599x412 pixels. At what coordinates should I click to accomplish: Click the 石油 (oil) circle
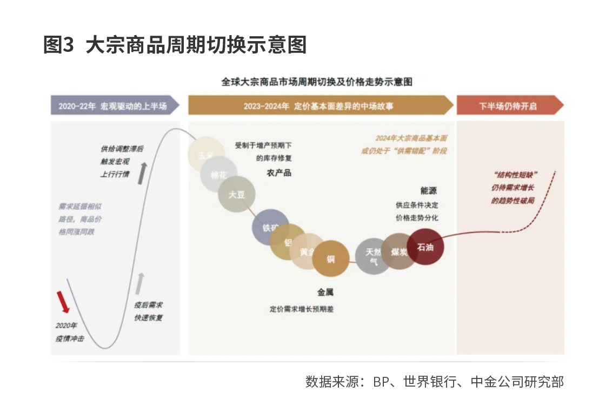(x=425, y=247)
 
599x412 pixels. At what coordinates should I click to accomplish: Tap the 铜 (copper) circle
(x=330, y=259)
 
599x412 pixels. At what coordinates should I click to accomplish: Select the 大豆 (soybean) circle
(x=236, y=195)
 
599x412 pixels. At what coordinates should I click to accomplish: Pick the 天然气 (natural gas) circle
(x=374, y=256)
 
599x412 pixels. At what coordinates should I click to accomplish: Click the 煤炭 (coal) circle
(x=399, y=251)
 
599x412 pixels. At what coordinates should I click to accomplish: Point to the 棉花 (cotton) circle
(x=218, y=175)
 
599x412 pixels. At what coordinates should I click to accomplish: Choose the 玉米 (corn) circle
(x=205, y=155)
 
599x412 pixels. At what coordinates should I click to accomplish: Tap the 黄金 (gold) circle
(x=306, y=251)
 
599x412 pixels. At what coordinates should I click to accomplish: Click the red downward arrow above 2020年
(x=63, y=302)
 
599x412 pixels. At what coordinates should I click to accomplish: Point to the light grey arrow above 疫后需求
(x=141, y=283)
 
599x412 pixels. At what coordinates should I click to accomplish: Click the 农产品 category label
(x=279, y=173)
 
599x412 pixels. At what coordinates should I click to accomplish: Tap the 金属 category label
(x=325, y=293)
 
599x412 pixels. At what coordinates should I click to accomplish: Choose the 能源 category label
(x=428, y=190)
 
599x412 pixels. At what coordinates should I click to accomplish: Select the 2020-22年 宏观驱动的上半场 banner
(x=115, y=106)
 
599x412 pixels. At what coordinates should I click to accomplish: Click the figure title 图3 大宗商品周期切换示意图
(x=175, y=45)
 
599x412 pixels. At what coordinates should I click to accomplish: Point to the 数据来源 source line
(x=434, y=382)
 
